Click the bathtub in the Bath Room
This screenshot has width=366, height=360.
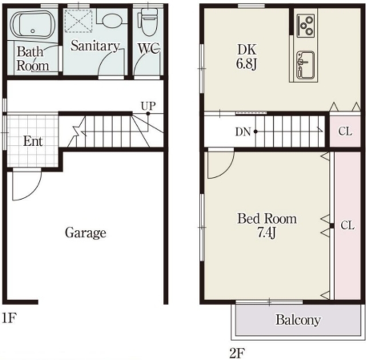pyautogui.click(x=33, y=25)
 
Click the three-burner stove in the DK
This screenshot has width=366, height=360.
pyautogui.click(x=306, y=25)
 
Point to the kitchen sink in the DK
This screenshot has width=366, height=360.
pyautogui.click(x=305, y=65)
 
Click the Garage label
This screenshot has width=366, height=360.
pyautogui.click(x=85, y=233)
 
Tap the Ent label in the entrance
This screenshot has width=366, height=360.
pyautogui.click(x=33, y=141)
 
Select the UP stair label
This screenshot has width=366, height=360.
pyautogui.click(x=148, y=106)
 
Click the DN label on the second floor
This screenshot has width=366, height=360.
pyautogui.click(x=243, y=132)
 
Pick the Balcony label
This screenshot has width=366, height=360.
pyautogui.click(x=298, y=320)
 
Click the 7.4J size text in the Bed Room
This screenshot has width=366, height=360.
pyautogui.click(x=267, y=232)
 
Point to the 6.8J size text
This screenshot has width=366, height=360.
pyautogui.click(x=246, y=64)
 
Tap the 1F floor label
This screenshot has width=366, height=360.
pyautogui.click(x=9, y=318)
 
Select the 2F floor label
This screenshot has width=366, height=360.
pyautogui.click(x=237, y=353)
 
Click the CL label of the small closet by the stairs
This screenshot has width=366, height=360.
pyautogui.click(x=345, y=132)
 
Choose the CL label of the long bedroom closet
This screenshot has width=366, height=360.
pyautogui.click(x=348, y=226)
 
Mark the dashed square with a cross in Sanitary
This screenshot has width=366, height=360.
pyautogui.click(x=78, y=21)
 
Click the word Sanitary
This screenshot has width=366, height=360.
pyautogui.click(x=95, y=46)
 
